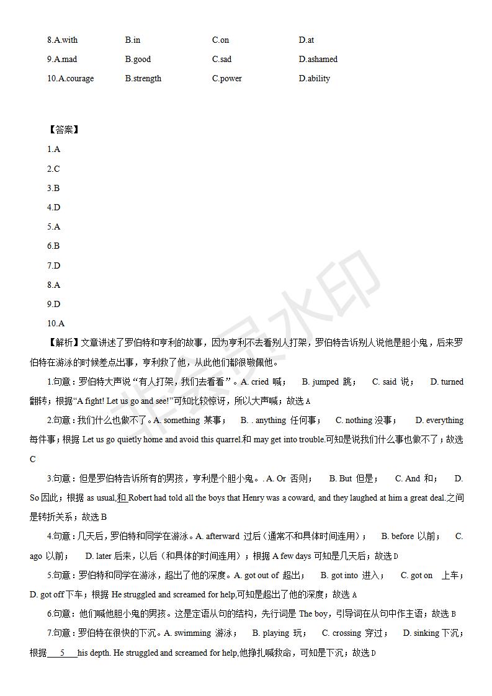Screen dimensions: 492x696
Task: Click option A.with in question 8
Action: [x=63, y=40]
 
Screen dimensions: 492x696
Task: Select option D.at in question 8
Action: [x=306, y=40]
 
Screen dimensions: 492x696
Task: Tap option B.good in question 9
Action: [x=138, y=60]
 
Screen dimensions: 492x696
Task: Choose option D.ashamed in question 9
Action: [x=318, y=60]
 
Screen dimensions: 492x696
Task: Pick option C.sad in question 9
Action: [x=221, y=60]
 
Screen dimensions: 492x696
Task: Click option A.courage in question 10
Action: [x=71, y=79]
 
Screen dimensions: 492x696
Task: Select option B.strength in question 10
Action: [x=143, y=79]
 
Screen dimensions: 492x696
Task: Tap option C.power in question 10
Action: [x=226, y=79]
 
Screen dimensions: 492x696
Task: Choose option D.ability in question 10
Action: [x=314, y=79]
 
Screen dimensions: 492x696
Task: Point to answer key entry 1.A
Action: [x=54, y=149]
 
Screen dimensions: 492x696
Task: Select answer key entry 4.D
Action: [x=54, y=207]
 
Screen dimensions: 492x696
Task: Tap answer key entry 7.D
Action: [x=54, y=265]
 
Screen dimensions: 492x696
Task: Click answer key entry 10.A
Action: [x=56, y=323]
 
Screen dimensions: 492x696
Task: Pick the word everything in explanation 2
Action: [x=444, y=421]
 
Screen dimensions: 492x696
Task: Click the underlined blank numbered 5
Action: [x=62, y=653]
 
